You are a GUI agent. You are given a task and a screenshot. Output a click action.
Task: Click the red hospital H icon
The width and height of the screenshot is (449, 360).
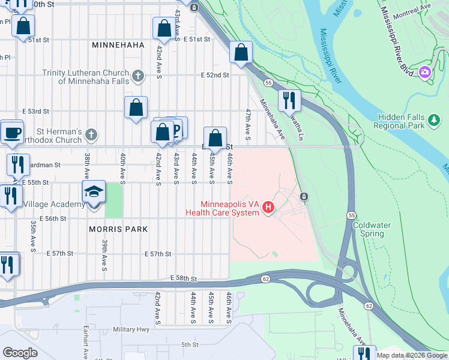268,208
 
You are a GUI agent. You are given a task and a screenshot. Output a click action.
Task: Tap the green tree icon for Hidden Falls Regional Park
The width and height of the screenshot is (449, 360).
434,121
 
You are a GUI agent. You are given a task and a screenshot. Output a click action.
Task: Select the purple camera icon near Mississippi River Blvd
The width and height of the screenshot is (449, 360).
425,72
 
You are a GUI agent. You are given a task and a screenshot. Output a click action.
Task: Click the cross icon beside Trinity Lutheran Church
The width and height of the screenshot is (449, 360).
138,76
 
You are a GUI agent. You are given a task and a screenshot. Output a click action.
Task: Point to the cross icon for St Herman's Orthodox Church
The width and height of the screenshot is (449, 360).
91,134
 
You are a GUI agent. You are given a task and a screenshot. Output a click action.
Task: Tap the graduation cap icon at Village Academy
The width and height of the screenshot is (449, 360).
94,192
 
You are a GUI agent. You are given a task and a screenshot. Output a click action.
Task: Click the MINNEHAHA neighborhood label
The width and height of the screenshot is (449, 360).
118,45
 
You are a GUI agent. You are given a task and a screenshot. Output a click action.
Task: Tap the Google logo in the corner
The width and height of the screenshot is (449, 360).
20,353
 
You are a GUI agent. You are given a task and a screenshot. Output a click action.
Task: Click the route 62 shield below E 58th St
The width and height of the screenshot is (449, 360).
265,278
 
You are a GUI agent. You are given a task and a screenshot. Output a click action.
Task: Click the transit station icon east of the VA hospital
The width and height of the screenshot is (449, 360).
304,197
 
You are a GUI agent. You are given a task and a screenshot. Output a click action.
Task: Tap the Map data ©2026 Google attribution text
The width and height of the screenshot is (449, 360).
411,355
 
